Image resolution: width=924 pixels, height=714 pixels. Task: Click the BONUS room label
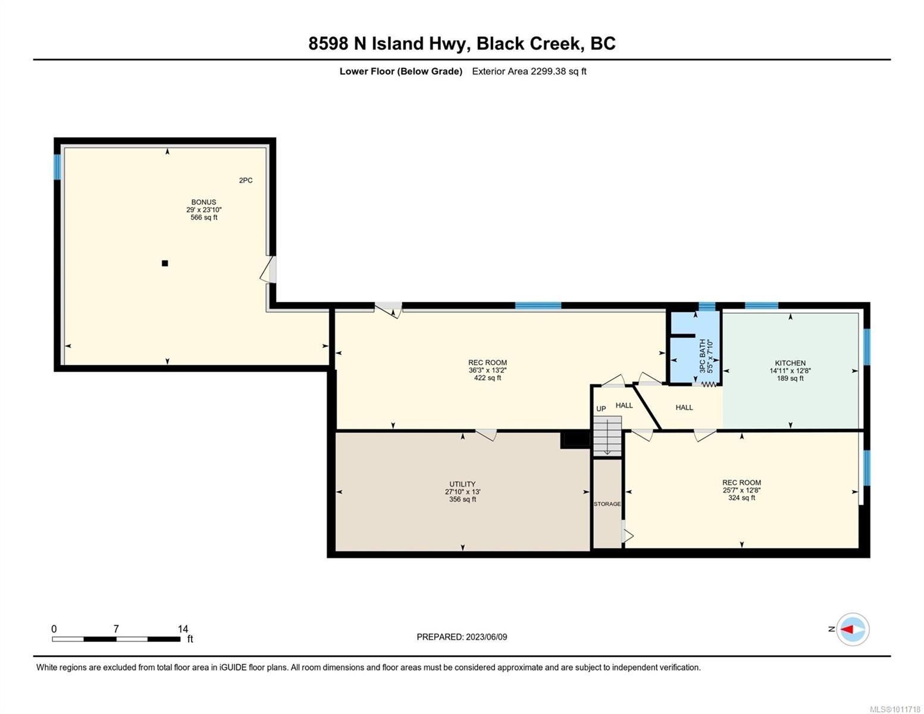pos(203,202)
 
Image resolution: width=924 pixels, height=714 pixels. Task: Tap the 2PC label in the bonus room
pos(246,180)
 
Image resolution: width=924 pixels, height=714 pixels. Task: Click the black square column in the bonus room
pos(165,263)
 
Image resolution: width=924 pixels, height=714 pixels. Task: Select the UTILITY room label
pos(462,484)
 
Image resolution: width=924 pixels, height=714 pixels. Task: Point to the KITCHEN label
pos(790,363)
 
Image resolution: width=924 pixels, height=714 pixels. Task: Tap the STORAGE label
pos(607,504)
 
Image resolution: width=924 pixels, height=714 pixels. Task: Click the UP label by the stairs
pos(601,409)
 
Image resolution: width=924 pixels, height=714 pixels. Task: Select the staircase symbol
pos(607,436)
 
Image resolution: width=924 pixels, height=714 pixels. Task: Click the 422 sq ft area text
pos(487,378)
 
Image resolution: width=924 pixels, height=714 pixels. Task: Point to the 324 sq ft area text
pos(741,498)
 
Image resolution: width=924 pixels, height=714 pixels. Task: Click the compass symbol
pos(853,629)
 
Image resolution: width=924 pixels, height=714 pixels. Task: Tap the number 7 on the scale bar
pos(116,629)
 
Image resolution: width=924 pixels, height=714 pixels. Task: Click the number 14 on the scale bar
pos(183,629)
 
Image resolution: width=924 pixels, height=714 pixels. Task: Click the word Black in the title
pos(501,43)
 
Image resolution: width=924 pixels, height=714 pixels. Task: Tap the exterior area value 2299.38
pos(547,71)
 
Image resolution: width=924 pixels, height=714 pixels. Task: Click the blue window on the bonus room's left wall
pos(58,167)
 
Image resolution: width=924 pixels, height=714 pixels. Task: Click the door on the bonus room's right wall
pos(270,270)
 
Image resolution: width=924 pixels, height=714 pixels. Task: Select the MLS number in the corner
pos(896,709)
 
